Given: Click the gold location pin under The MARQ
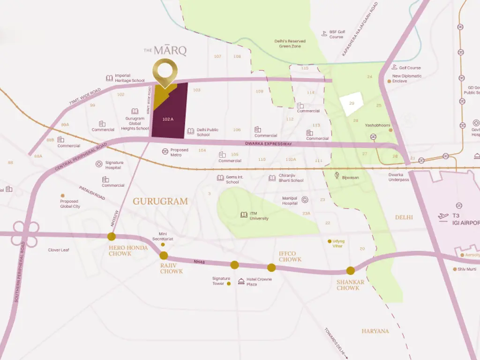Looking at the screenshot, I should click(167, 73).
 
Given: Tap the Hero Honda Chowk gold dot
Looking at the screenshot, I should click(112, 237).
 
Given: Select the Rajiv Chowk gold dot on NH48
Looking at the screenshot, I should click(164, 255).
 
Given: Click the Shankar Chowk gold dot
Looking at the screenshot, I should click(350, 270).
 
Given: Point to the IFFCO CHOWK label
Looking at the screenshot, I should click(290, 256).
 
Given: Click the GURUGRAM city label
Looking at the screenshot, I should click(160, 201).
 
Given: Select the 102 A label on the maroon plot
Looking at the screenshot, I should click(168, 119).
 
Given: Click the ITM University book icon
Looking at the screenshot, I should click(243, 215).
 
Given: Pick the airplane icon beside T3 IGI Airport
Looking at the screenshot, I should click(443, 216).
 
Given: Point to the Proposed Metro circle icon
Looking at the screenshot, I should click(165, 151).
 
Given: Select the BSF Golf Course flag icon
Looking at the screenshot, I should click(324, 33).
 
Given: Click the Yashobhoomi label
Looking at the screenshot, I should click(378, 125).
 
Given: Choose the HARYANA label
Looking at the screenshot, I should click(375, 331).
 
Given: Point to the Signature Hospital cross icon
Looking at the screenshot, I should click(99, 164).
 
